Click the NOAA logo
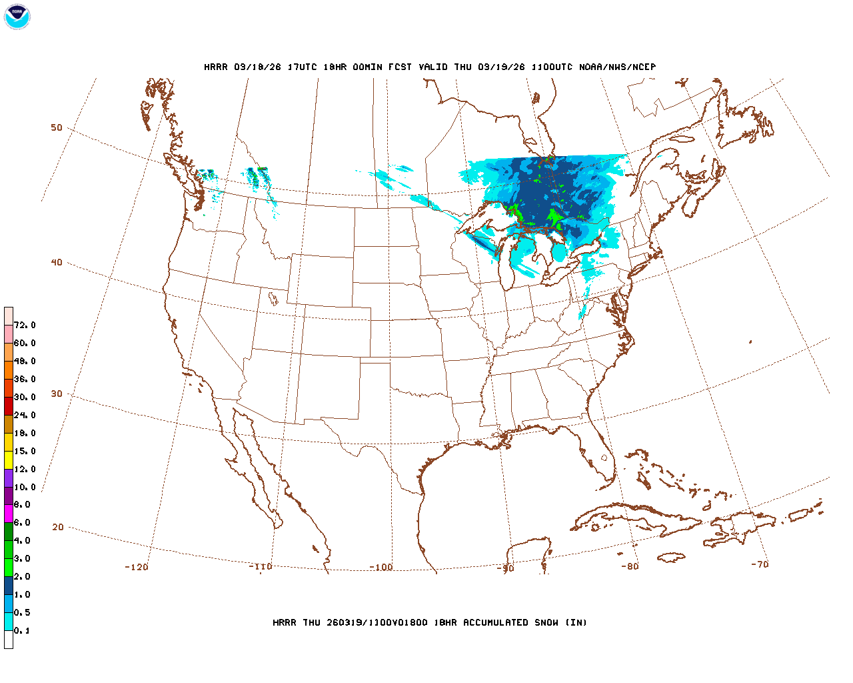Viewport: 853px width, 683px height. [17, 17]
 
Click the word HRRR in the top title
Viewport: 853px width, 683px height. [216, 67]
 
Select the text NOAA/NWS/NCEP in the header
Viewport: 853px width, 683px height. [617, 67]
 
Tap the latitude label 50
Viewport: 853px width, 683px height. [57, 127]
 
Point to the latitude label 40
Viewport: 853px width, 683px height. [57, 262]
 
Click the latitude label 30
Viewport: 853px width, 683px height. [57, 394]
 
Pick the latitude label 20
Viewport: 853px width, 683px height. [58, 527]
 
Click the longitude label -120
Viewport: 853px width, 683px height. [137, 567]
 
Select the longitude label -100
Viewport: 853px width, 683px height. [381, 567]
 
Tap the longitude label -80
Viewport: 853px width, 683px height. [630, 566]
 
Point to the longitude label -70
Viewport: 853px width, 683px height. [760, 564]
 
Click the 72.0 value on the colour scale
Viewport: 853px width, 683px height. [25, 325]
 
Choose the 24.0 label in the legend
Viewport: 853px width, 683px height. [25, 416]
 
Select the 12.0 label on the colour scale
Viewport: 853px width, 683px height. [25, 470]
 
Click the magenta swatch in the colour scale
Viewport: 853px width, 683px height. [9, 514]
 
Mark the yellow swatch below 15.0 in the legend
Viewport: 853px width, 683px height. [9, 460]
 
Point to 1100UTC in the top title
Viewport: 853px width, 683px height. [552, 67]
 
